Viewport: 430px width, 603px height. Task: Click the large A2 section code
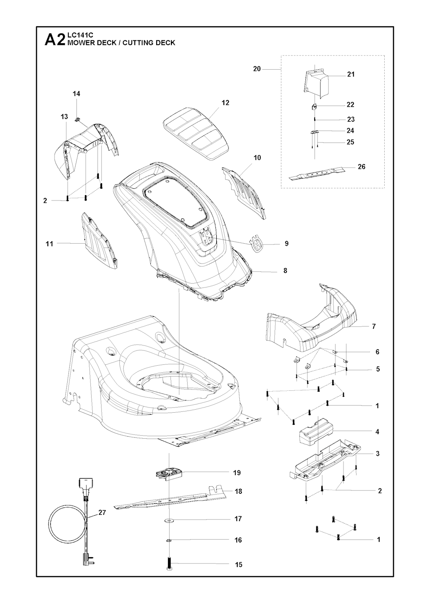55,40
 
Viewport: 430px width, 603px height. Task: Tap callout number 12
225,103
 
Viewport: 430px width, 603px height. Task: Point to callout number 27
102,513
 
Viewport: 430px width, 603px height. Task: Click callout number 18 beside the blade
239,491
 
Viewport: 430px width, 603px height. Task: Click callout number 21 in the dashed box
351,74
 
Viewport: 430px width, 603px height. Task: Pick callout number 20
257,69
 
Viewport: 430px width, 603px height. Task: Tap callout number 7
374,326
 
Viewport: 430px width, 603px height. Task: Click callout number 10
257,158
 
